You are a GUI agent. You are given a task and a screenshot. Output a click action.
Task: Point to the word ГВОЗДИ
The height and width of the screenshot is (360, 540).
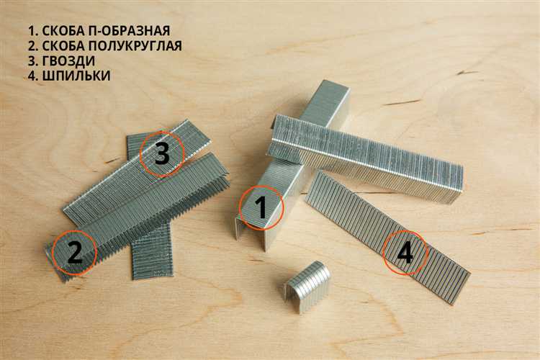(68, 61)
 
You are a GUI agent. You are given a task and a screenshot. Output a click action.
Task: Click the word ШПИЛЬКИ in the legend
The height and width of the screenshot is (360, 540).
(76, 76)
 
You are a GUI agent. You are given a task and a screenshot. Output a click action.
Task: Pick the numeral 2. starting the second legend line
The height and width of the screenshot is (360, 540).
(33, 46)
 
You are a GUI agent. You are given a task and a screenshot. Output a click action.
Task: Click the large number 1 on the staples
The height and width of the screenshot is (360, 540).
(261, 208)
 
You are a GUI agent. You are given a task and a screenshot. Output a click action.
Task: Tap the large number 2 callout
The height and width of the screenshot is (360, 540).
(75, 253)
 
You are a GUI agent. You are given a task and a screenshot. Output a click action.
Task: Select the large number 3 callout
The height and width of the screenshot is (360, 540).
(162, 153)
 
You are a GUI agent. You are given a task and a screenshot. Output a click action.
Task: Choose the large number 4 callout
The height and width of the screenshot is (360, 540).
(405, 253)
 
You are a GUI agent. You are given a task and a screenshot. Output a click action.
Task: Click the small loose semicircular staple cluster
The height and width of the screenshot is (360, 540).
(307, 287)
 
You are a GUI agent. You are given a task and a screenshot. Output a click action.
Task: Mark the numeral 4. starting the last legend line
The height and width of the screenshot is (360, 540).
(33, 76)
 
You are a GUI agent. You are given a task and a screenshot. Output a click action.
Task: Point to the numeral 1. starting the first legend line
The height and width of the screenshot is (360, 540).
(33, 31)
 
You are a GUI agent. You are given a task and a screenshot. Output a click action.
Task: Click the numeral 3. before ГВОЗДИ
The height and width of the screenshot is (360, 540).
(33, 61)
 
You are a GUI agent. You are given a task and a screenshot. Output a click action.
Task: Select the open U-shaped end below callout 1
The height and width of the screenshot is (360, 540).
(251, 234)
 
